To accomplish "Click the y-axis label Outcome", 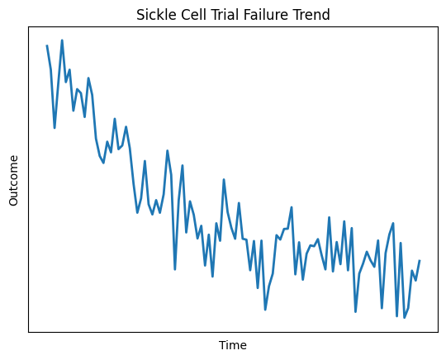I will pos(13,179).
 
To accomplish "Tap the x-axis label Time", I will pos(232,345).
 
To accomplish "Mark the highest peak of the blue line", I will pos(62,40).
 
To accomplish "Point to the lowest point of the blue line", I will pos(404,318).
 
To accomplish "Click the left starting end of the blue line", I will pos(47,46).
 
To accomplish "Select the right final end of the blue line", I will pos(420,261).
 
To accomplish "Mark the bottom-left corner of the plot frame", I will pos(28,332).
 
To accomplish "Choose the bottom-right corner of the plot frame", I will pos(438,332).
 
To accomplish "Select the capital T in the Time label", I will pos(221,345).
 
